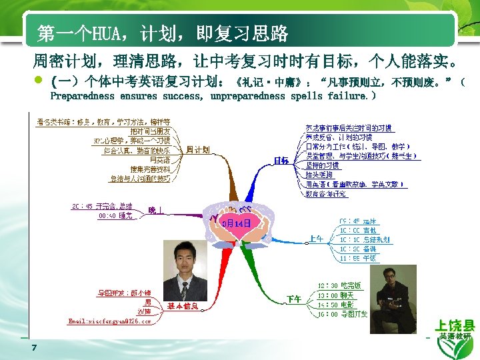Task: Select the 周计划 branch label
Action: pyautogui.click(x=198, y=149)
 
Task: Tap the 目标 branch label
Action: pyautogui.click(x=281, y=160)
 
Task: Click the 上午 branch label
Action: pyautogui.click(x=316, y=237)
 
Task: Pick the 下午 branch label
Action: pyautogui.click(x=293, y=298)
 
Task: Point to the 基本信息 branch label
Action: pyautogui.click(x=183, y=306)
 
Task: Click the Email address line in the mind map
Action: pyautogui.click(x=110, y=321)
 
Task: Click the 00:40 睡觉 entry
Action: pyautogui.click(x=115, y=216)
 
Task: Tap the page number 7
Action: pyautogui.click(x=33, y=347)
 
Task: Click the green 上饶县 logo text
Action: pyautogui.click(x=455, y=326)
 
